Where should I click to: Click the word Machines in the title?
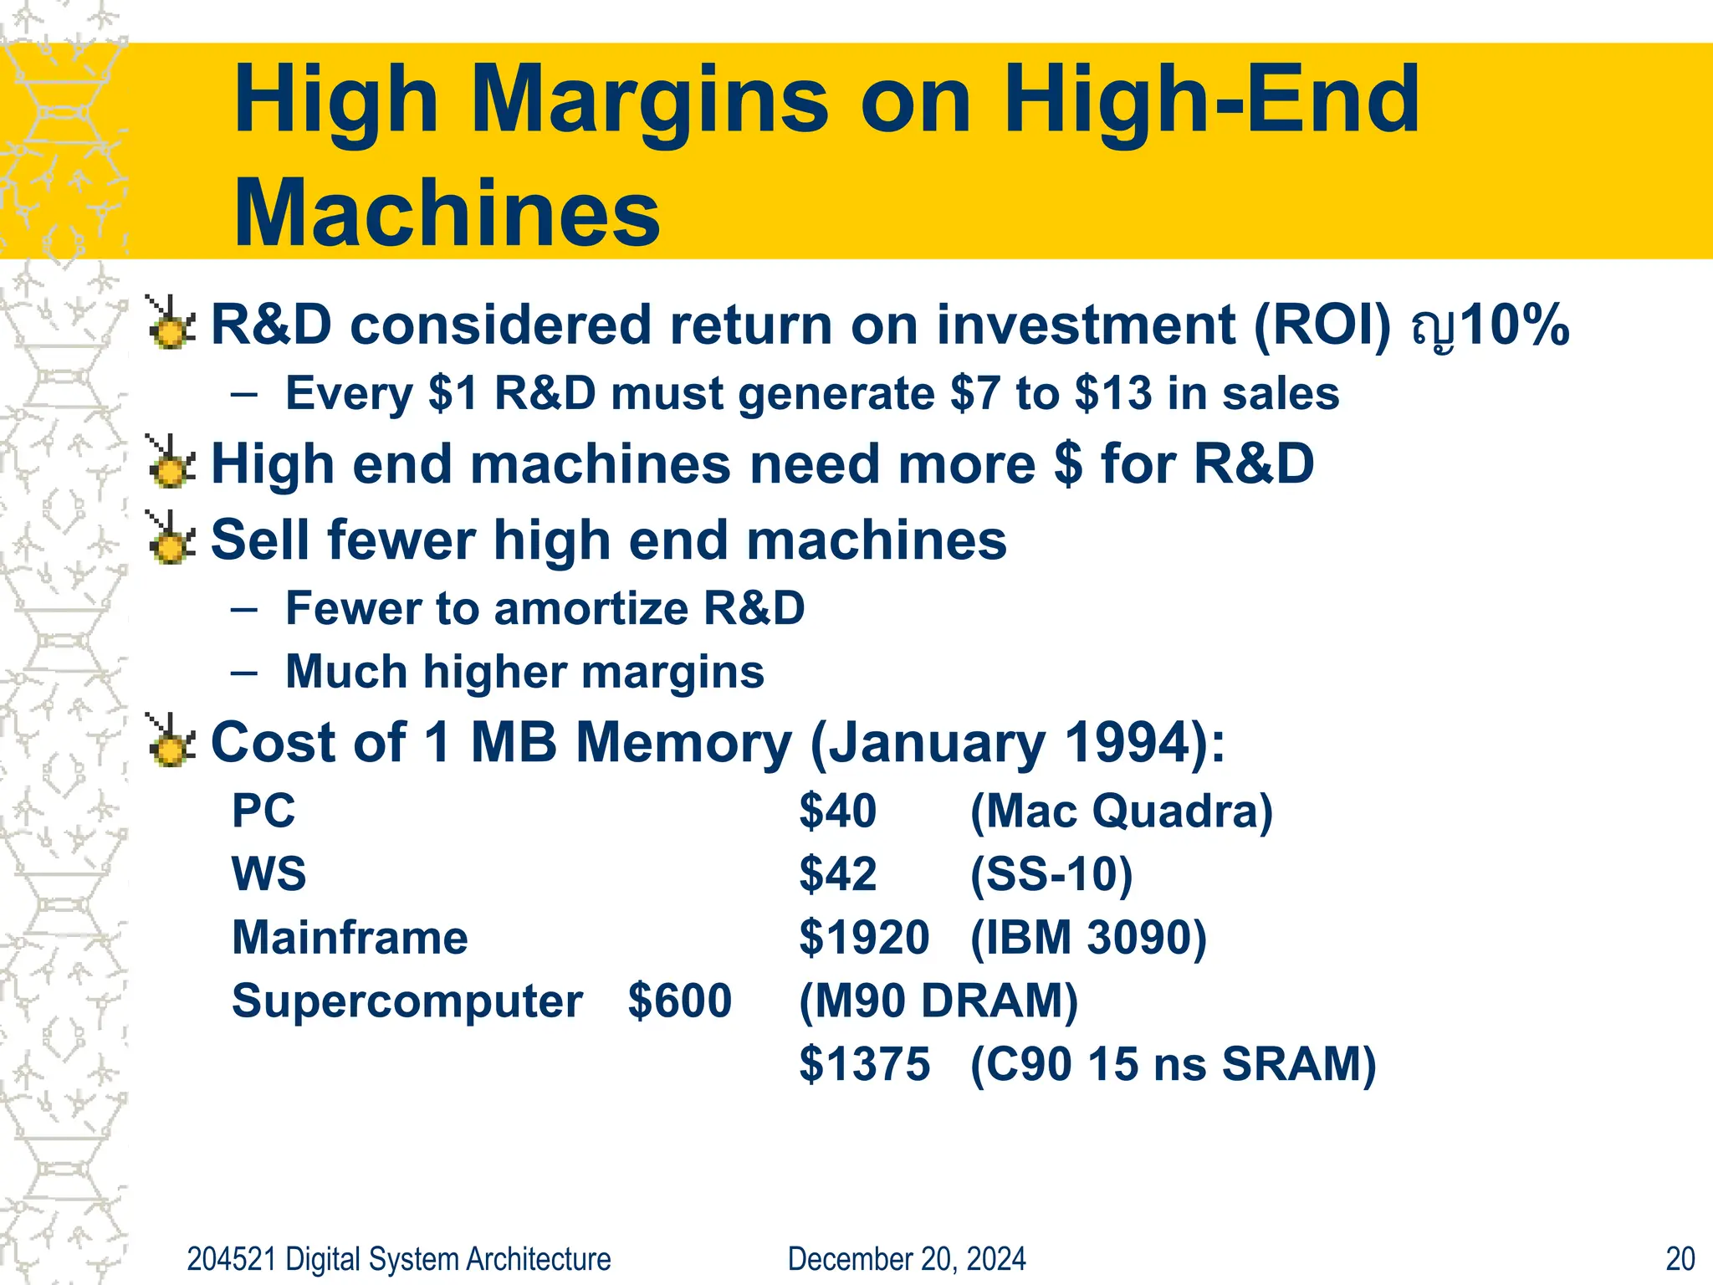(x=447, y=213)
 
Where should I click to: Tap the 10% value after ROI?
(x=1515, y=325)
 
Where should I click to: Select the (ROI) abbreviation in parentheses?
(x=1322, y=325)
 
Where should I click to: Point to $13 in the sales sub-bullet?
(x=1112, y=393)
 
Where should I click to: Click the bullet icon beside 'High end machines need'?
(x=171, y=462)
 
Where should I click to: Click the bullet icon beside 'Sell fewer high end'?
(x=171, y=538)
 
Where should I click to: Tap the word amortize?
(x=591, y=608)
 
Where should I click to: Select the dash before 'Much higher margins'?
(x=243, y=673)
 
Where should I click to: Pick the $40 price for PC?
(x=837, y=811)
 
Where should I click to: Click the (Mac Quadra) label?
(x=1121, y=811)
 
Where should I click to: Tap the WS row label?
(x=268, y=874)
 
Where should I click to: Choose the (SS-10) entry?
(x=1051, y=874)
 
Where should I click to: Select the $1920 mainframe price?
(x=864, y=937)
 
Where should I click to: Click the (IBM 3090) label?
(x=1088, y=937)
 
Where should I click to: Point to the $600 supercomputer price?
(x=679, y=1001)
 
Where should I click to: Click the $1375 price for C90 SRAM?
(x=864, y=1064)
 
